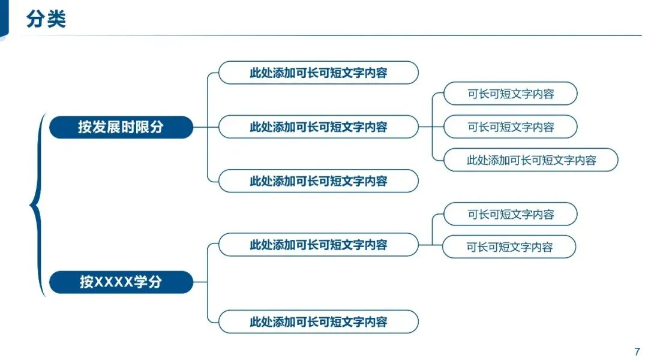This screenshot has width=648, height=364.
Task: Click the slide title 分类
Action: click(46, 19)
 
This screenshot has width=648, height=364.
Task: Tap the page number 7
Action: click(637, 352)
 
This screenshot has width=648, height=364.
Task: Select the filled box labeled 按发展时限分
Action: click(121, 127)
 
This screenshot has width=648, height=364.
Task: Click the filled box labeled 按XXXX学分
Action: click(121, 282)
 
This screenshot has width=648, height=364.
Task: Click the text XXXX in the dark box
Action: click(113, 282)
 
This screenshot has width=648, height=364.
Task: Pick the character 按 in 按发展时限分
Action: click(85, 127)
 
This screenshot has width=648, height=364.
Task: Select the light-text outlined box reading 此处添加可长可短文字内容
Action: click(531, 160)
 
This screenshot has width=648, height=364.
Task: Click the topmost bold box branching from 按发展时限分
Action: click(318, 73)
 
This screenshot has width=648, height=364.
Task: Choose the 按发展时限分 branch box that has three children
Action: click(318, 127)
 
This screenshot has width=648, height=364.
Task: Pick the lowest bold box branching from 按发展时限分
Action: click(318, 181)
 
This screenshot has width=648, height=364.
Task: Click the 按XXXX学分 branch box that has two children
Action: click(318, 245)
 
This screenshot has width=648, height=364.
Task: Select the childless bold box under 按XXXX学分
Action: click(318, 321)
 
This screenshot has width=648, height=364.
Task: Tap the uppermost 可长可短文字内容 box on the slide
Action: click(510, 94)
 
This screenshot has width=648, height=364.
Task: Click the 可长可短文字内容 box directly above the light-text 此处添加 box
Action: click(510, 127)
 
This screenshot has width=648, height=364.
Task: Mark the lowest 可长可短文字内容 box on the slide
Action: click(509, 247)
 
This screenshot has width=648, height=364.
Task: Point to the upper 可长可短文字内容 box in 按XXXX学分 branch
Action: click(510, 214)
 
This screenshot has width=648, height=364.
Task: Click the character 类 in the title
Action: click(56, 19)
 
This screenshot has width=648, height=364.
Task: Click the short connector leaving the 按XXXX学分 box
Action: click(200, 282)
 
